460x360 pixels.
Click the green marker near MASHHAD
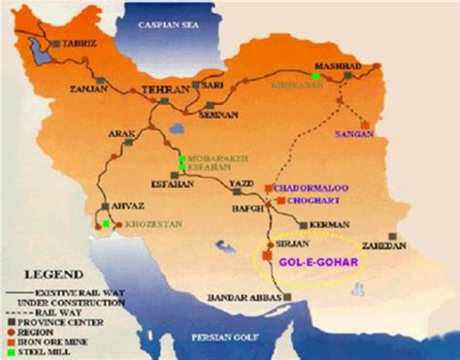[315, 75]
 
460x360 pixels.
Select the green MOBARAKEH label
[210, 156]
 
